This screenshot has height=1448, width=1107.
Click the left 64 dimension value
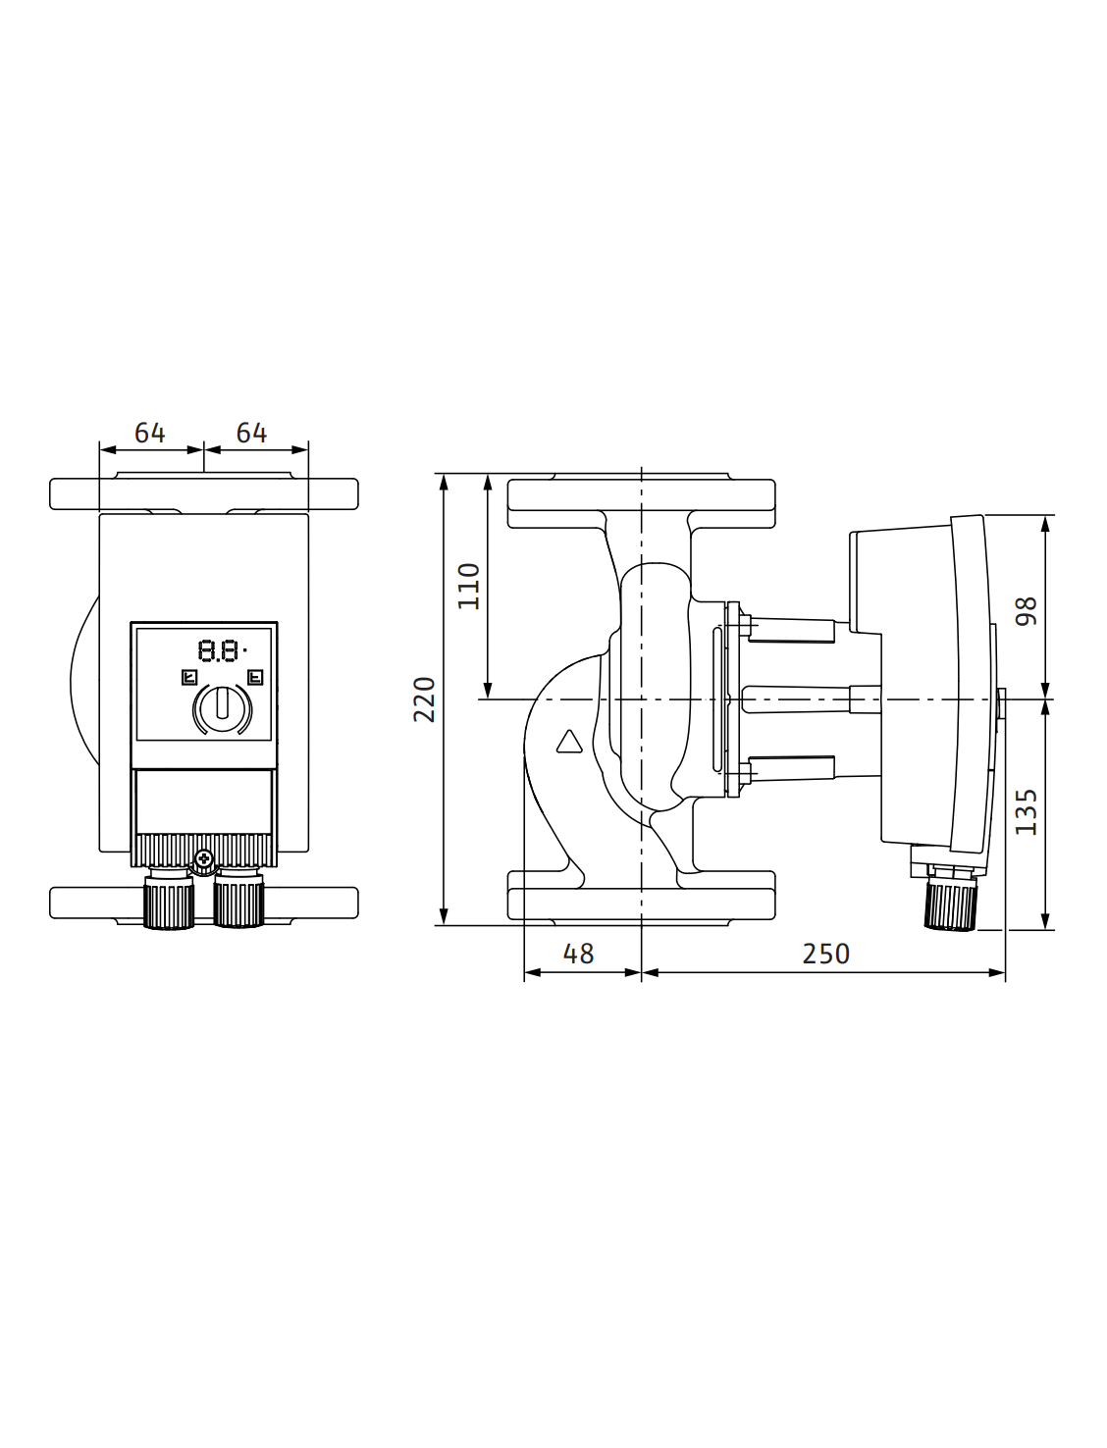(x=150, y=433)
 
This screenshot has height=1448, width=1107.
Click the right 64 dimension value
(x=251, y=433)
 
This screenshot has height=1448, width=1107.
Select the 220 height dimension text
(x=424, y=699)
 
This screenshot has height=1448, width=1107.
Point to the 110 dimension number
(x=468, y=586)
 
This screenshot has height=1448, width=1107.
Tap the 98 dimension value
(x=1026, y=611)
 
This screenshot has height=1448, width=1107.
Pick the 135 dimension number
(x=1026, y=812)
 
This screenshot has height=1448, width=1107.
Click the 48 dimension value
(x=578, y=954)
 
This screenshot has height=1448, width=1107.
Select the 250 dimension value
(x=826, y=954)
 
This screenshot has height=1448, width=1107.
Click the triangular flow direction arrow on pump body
(x=569, y=742)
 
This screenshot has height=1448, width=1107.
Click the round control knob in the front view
(x=223, y=708)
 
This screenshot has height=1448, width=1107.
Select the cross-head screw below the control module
(x=204, y=859)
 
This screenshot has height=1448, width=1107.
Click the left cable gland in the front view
(x=169, y=900)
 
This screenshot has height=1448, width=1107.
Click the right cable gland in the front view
(x=238, y=900)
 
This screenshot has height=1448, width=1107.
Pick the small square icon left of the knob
(x=189, y=677)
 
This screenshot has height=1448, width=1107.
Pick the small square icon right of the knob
(x=255, y=677)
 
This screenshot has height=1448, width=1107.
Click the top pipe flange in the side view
(x=641, y=500)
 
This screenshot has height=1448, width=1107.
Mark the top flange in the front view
(x=204, y=492)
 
